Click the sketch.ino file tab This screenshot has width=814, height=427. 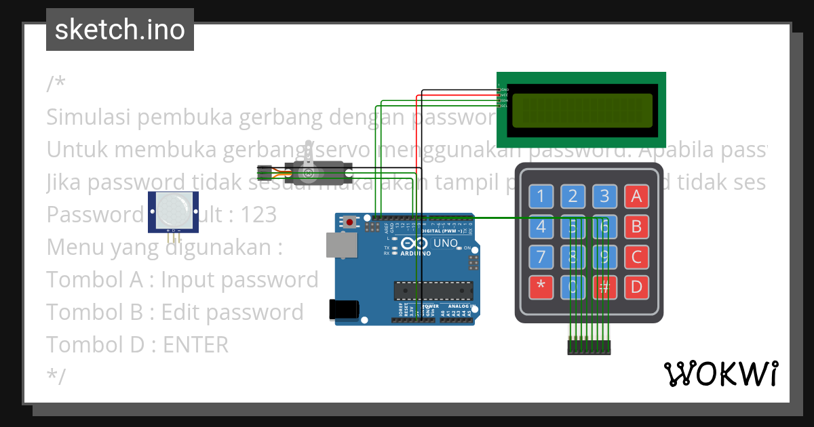click(120, 30)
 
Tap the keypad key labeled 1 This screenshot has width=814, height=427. click(541, 197)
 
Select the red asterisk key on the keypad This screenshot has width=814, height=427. click(541, 287)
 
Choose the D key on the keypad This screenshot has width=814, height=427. click(636, 287)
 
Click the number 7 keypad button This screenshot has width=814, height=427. click(541, 257)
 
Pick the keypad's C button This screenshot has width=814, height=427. click(636, 257)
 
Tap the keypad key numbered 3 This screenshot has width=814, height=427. click(604, 197)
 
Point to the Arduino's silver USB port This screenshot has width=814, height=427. click(341, 245)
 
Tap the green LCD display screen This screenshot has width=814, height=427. click(582, 110)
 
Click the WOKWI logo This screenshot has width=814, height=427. click(720, 373)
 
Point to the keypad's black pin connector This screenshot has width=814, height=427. click(589, 347)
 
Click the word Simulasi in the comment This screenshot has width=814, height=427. click(90, 117)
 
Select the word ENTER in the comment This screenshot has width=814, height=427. click(196, 345)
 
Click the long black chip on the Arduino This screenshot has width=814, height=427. click(433, 290)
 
